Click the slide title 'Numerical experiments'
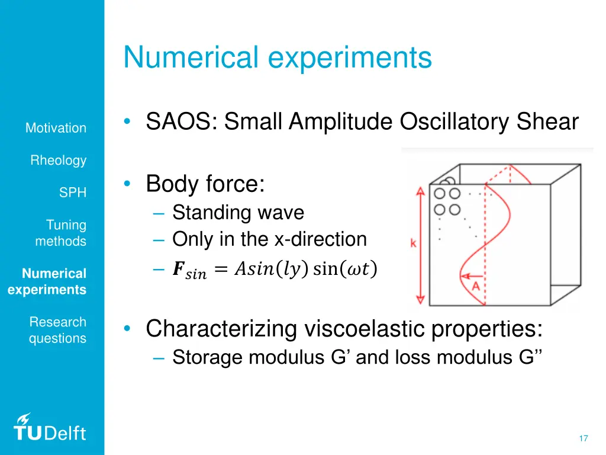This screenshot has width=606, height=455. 278,58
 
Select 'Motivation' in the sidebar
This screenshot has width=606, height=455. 56,128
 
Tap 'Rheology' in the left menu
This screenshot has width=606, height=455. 58,161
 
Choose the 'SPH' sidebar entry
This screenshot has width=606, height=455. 72,193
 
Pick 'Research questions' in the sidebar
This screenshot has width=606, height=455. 57,330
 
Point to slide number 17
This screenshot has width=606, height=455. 583,438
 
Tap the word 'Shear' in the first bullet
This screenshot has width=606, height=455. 547,122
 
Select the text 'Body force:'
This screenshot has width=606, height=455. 205,184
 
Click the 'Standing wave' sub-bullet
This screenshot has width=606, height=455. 238,212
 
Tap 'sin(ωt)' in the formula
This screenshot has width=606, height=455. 345,270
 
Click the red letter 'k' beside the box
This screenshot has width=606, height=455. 412,243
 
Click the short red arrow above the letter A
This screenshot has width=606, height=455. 472,276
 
